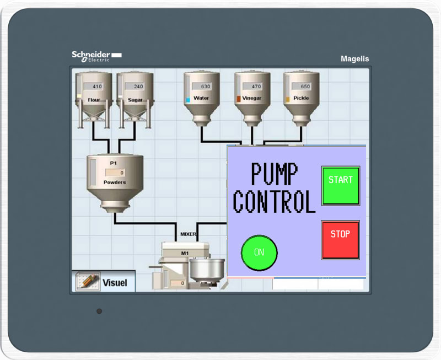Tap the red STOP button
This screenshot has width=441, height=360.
[340, 240]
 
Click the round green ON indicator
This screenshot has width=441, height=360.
[259, 253]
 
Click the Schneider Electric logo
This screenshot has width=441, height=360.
[96, 56]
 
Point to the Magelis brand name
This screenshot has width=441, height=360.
[354, 59]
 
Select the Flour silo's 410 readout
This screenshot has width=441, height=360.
[93, 87]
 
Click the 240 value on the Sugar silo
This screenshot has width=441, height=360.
[135, 87]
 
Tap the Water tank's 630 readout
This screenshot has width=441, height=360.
[201, 87]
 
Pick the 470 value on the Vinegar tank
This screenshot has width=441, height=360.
[252, 87]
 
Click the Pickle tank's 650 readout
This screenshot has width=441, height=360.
[301, 87]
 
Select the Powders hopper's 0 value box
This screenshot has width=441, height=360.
[115, 173]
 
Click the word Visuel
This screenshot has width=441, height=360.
[115, 283]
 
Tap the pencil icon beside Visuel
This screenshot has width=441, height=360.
[88, 281]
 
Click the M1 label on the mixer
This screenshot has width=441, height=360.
[185, 254]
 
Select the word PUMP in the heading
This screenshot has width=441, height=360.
[274, 174]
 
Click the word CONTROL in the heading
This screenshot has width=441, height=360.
[274, 201]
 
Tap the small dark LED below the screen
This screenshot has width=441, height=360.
[99, 311]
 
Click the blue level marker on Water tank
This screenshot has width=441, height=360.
[187, 100]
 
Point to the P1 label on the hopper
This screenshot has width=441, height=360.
[114, 163]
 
